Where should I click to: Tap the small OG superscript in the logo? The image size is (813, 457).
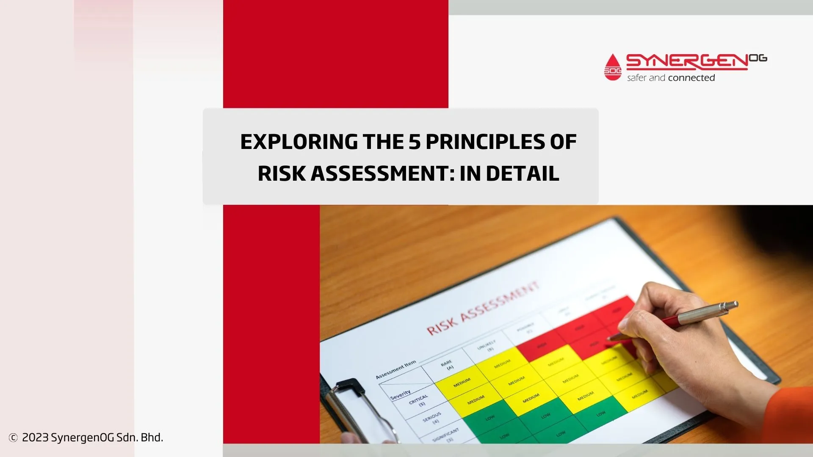pos(758,58)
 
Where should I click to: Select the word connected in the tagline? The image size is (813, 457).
pos(691,78)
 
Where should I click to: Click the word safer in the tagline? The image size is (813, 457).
pos(637,78)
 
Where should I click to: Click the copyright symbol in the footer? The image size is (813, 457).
pos(13,438)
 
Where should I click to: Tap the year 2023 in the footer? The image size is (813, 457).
pos(35,438)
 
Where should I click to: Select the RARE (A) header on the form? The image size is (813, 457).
pos(448,365)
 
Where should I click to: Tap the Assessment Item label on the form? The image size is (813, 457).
pos(396,369)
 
